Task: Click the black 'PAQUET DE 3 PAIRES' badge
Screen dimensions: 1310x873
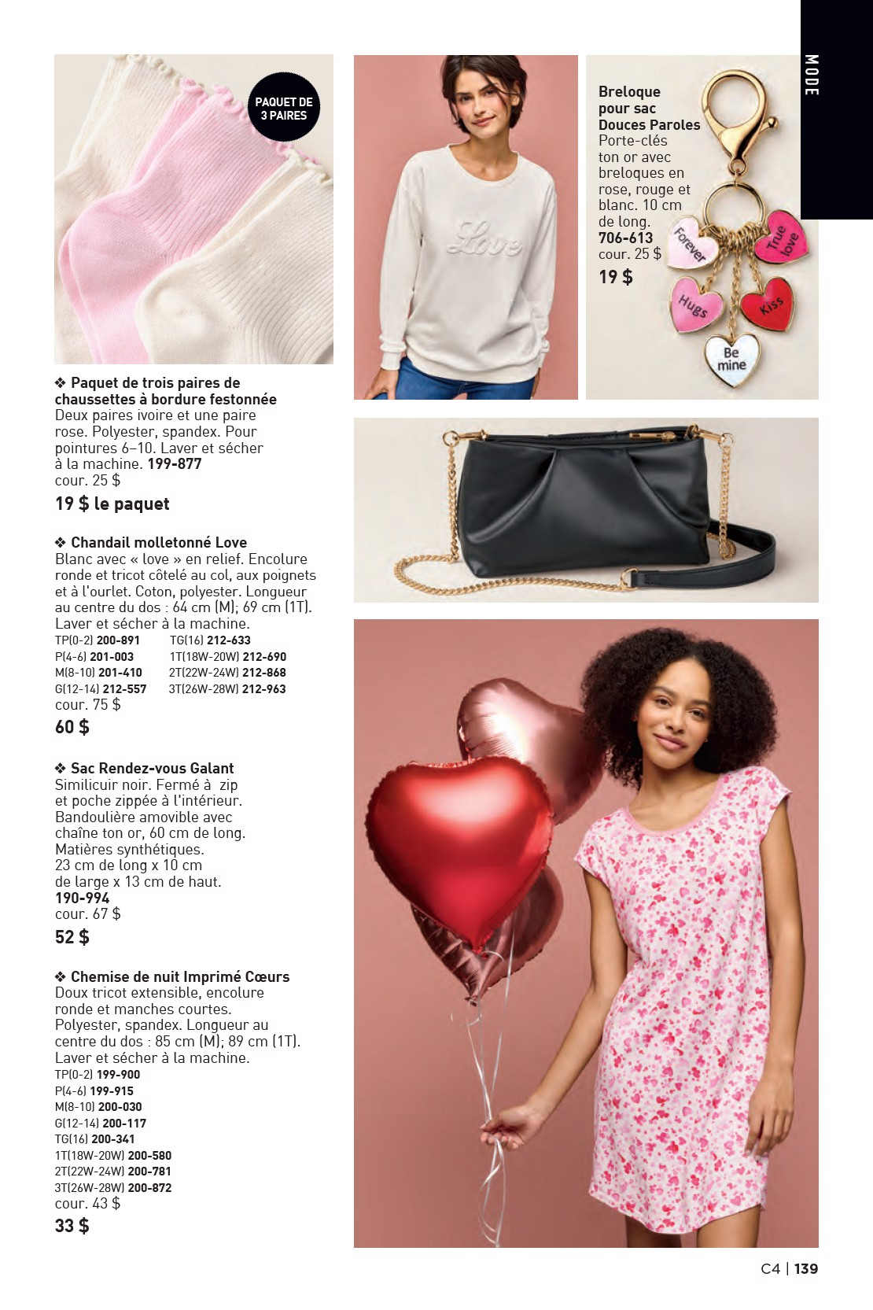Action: coord(284,108)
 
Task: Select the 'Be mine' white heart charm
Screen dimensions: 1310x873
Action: coord(731,360)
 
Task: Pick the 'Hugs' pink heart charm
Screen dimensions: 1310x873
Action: coord(695,304)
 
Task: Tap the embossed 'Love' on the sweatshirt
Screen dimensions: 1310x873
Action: coord(484,238)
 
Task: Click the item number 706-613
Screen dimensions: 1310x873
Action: coord(625,238)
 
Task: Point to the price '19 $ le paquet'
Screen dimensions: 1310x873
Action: coord(112,504)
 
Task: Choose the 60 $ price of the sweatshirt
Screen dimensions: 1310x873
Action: coord(72,727)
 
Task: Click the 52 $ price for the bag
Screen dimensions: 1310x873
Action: coord(72,937)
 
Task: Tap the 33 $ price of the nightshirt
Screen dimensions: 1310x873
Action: coord(72,1226)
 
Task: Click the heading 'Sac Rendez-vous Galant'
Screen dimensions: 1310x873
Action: coord(152,768)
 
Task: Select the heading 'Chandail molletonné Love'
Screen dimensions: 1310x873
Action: coord(158,542)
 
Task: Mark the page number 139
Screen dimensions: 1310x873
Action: coord(806,1268)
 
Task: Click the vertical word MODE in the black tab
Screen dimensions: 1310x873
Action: coord(812,76)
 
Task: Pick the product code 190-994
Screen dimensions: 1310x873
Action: coord(83,898)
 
